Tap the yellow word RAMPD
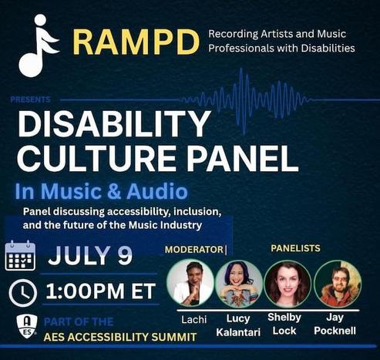[x=136, y=42]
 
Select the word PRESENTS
[x=30, y=99]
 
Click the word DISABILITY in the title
[x=113, y=124]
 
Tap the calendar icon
[x=20, y=255]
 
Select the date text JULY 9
[x=90, y=255]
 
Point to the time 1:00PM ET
[x=101, y=291]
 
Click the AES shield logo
[x=27, y=326]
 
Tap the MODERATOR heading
[x=194, y=249]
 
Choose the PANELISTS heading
[x=296, y=248]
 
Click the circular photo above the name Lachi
[x=190, y=283]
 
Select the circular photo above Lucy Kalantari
[x=239, y=284]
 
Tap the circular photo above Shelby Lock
[x=288, y=284]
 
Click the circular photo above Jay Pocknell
[x=338, y=284]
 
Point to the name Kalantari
[x=238, y=332]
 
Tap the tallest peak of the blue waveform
[x=241, y=69]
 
